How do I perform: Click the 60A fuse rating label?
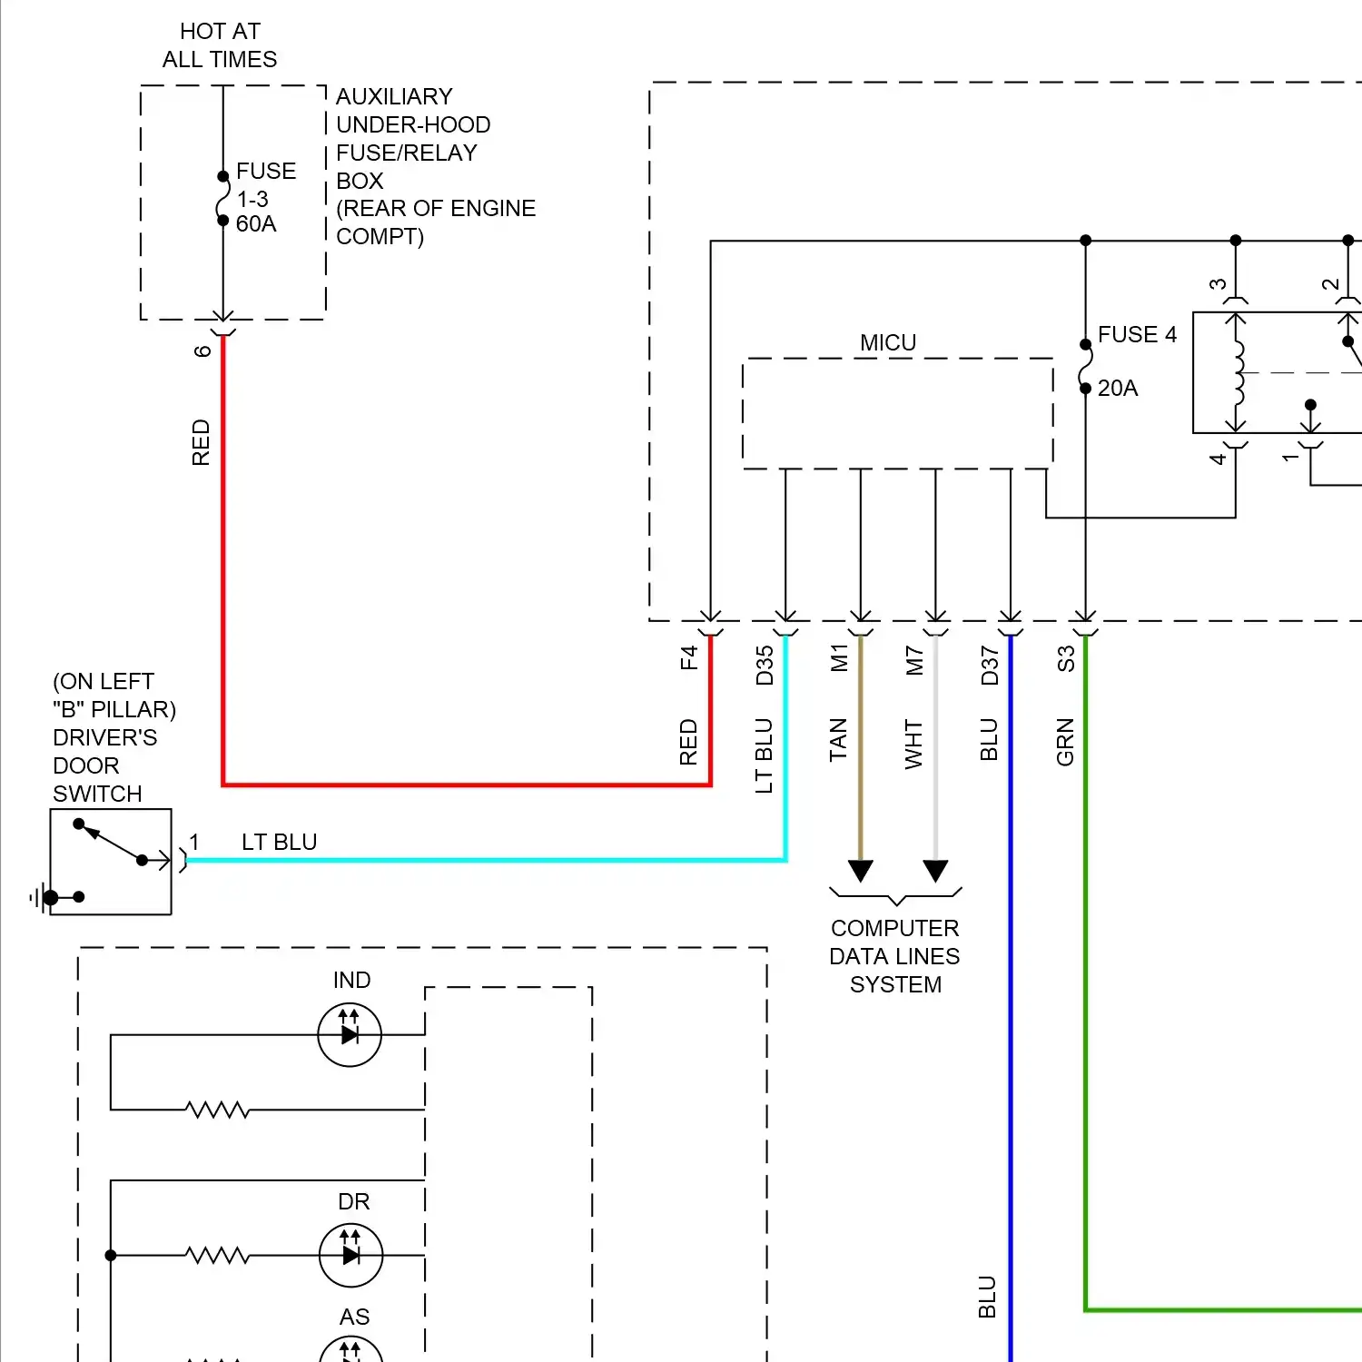[255, 224]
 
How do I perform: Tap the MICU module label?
[888, 342]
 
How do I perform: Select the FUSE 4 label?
[1137, 335]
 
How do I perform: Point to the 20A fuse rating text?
[1118, 389]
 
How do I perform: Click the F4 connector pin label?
[689, 657]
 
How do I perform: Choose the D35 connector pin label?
[765, 665]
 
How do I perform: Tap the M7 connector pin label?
[915, 660]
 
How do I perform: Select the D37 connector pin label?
[990, 665]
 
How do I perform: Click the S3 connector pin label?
[1066, 658]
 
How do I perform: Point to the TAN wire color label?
[838, 740]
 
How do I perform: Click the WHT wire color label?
[913, 745]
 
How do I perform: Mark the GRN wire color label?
[1065, 742]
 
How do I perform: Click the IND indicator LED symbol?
[350, 1034]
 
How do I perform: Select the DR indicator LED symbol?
[351, 1255]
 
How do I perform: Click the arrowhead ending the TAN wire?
[861, 871]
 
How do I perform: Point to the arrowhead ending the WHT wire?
[936, 871]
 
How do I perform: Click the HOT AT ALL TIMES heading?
[220, 45]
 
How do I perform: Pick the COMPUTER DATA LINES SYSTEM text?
[895, 956]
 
